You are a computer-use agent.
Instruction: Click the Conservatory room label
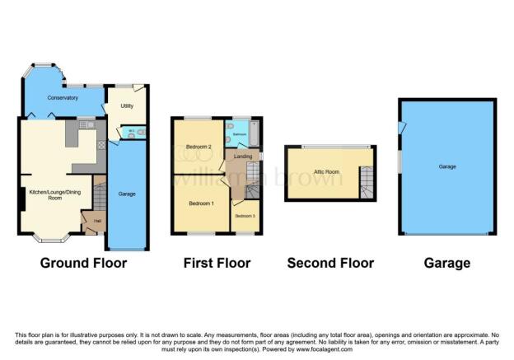pos(63,98)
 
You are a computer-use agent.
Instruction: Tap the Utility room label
pos(127,106)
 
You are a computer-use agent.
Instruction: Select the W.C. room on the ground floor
pos(130,132)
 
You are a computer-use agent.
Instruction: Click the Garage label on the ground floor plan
pos(128,194)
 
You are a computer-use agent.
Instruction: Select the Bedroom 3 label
pos(245,216)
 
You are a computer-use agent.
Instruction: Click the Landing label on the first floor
pos(243,156)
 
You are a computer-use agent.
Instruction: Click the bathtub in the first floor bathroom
pos(253,132)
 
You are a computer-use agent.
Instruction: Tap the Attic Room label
pos(327,172)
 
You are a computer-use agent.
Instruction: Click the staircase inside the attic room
pos(366,180)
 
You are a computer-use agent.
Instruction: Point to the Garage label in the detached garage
pos(447,167)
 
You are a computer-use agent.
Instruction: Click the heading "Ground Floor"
pos(85,264)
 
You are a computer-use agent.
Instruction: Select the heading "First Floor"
pos(217,264)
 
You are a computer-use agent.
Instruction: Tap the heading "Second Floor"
pos(330,264)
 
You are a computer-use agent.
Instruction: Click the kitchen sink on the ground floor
pos(86,124)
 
